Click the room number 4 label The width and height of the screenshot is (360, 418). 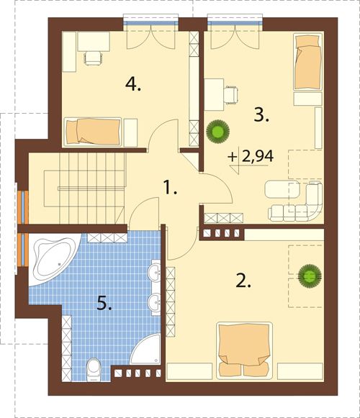pyautogui.click(x=133, y=84)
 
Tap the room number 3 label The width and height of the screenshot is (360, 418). pyautogui.click(x=261, y=115)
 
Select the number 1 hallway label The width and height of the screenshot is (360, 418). pyautogui.click(x=170, y=187)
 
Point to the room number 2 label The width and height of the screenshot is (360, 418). pyautogui.click(x=243, y=281)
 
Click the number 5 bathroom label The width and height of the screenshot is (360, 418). pyautogui.click(x=104, y=303)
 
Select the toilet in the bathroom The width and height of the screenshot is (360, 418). pyautogui.click(x=94, y=369)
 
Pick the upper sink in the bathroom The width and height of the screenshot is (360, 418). pyautogui.click(x=155, y=272)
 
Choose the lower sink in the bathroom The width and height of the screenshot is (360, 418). pyautogui.click(x=155, y=302)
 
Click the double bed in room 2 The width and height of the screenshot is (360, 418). pyautogui.click(x=244, y=350)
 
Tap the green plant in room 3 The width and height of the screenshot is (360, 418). pyautogui.click(x=217, y=131)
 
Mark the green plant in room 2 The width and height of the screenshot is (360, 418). pyautogui.click(x=310, y=276)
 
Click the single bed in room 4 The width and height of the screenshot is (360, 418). pyautogui.click(x=93, y=132)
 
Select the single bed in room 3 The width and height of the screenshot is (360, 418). pyautogui.click(x=307, y=61)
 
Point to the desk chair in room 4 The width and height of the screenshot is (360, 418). pyautogui.click(x=93, y=58)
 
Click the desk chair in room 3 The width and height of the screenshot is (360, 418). pyautogui.click(x=231, y=95)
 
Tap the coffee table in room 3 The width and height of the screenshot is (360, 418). pyautogui.click(x=282, y=189)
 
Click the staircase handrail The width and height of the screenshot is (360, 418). pyautogui.click(x=91, y=188)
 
